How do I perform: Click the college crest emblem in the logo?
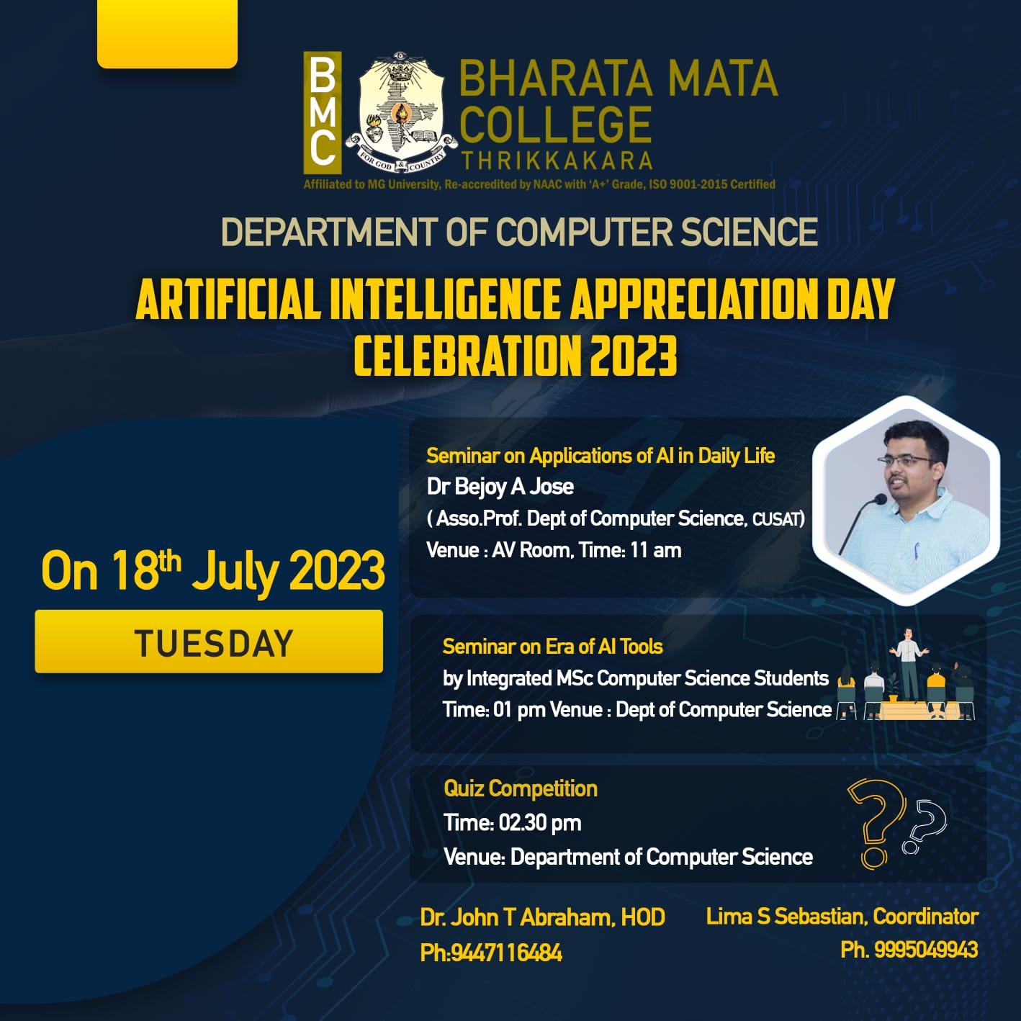401,112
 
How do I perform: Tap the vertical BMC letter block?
322,112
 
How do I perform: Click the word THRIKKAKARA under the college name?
557,161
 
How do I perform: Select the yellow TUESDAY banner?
209,641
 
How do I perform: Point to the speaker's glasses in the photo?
907,460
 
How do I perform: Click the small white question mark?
925,827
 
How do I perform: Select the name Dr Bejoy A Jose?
500,487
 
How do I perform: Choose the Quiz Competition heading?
521,789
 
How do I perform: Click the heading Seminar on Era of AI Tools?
553,647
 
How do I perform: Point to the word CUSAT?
778,518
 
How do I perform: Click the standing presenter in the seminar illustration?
909,665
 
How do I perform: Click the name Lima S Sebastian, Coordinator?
842,917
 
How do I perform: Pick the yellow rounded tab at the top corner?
168,33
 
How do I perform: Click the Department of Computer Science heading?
519,232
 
